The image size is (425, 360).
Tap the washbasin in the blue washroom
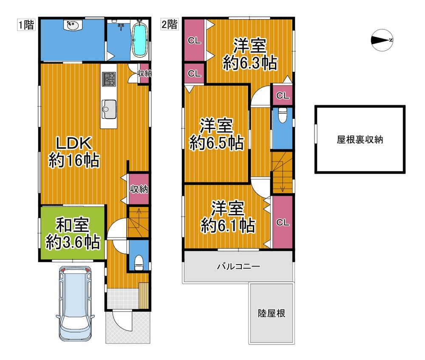[72, 25]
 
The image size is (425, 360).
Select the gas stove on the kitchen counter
[109, 79]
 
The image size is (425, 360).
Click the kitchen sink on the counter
[109, 109]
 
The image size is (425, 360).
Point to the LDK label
[74, 143]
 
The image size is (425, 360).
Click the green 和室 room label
[72, 225]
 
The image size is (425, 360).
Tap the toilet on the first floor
[139, 262]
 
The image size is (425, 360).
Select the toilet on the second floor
[282, 115]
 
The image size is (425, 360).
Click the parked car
[75, 304]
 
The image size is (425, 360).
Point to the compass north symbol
[382, 40]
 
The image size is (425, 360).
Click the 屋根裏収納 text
[360, 140]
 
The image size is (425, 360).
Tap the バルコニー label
[238, 267]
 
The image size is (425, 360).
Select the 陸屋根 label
[271, 313]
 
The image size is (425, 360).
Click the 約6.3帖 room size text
[250, 63]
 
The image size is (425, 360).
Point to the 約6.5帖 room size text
[216, 143]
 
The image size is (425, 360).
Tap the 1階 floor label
[26, 25]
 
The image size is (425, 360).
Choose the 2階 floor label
[170, 24]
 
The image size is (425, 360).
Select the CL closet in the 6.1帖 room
[283, 222]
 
